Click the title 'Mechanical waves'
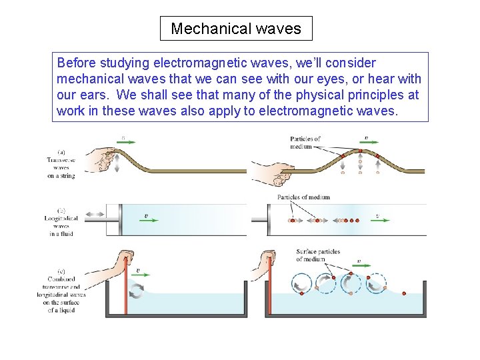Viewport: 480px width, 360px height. (x=236, y=29)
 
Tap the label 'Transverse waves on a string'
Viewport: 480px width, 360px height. (x=61, y=164)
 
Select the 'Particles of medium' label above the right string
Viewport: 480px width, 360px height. (x=305, y=143)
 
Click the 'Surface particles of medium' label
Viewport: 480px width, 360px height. (x=318, y=255)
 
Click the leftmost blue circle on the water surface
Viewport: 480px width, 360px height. (x=302, y=283)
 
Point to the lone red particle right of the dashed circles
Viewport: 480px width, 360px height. (x=403, y=291)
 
